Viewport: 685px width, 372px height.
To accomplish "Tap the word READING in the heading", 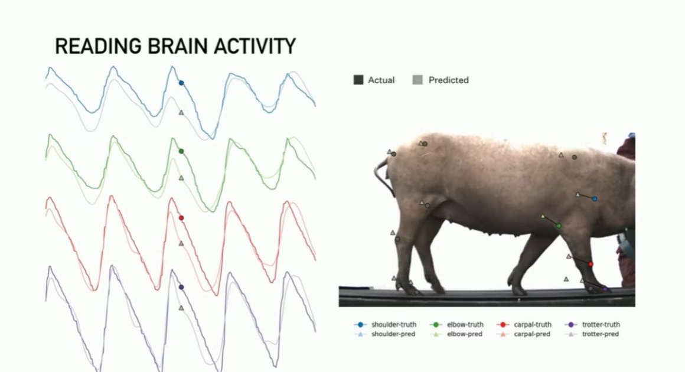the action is [x=98, y=46].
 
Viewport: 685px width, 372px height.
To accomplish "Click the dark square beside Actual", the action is [x=358, y=80].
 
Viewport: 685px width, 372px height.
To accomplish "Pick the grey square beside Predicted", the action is [x=417, y=80].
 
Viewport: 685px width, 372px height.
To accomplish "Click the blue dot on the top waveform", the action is [x=181, y=83].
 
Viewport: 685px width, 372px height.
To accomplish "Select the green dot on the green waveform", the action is [x=181, y=152].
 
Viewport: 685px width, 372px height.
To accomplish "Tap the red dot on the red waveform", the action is [x=181, y=218].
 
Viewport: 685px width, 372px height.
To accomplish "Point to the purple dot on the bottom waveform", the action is [x=181, y=287].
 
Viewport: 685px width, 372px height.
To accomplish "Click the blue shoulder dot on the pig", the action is [x=595, y=198].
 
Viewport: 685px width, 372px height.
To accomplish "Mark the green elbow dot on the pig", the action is [x=559, y=226].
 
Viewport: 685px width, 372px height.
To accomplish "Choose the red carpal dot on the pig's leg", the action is [x=591, y=264].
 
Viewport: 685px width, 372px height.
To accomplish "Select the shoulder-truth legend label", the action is [x=394, y=324].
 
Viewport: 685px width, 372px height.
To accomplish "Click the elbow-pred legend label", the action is [x=464, y=334].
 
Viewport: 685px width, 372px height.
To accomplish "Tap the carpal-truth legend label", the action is [x=533, y=324].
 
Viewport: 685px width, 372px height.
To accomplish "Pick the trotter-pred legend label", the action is [x=600, y=334].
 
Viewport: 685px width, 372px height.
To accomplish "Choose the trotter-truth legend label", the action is [x=601, y=324].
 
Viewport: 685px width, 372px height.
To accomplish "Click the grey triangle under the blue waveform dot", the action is [x=181, y=113].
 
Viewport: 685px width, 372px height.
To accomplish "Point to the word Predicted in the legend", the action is [x=448, y=80].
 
